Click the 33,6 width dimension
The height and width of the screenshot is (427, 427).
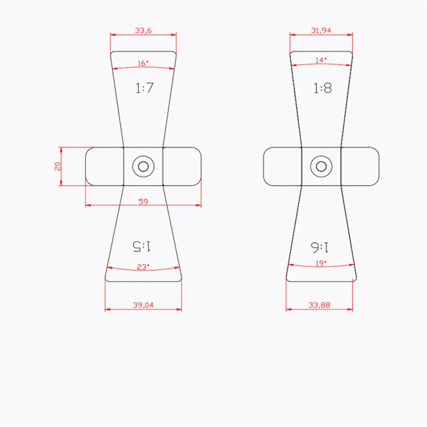coord(143,30)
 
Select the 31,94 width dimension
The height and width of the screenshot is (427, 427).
coord(321,30)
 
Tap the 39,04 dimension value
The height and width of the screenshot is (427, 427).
coord(143,305)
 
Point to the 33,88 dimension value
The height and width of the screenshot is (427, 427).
coord(319,305)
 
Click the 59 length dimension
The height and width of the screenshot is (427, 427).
coord(143,202)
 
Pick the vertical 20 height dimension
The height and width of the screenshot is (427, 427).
coord(57,166)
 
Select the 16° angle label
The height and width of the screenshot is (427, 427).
coord(143,63)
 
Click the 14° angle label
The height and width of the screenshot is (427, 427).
coord(321,60)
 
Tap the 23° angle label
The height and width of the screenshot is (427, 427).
coord(143,266)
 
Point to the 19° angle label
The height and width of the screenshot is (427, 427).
coord(321,263)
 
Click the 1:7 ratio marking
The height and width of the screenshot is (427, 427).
coord(144,88)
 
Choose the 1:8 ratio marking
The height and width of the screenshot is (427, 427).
coord(322,88)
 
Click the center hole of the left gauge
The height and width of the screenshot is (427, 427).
coord(143,166)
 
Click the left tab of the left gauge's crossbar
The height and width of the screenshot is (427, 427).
coord(105,166)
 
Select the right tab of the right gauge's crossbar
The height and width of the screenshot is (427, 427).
coord(360,166)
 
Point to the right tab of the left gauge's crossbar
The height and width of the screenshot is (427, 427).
coord(181,166)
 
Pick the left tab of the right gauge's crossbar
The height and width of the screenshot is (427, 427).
coord(283,166)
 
